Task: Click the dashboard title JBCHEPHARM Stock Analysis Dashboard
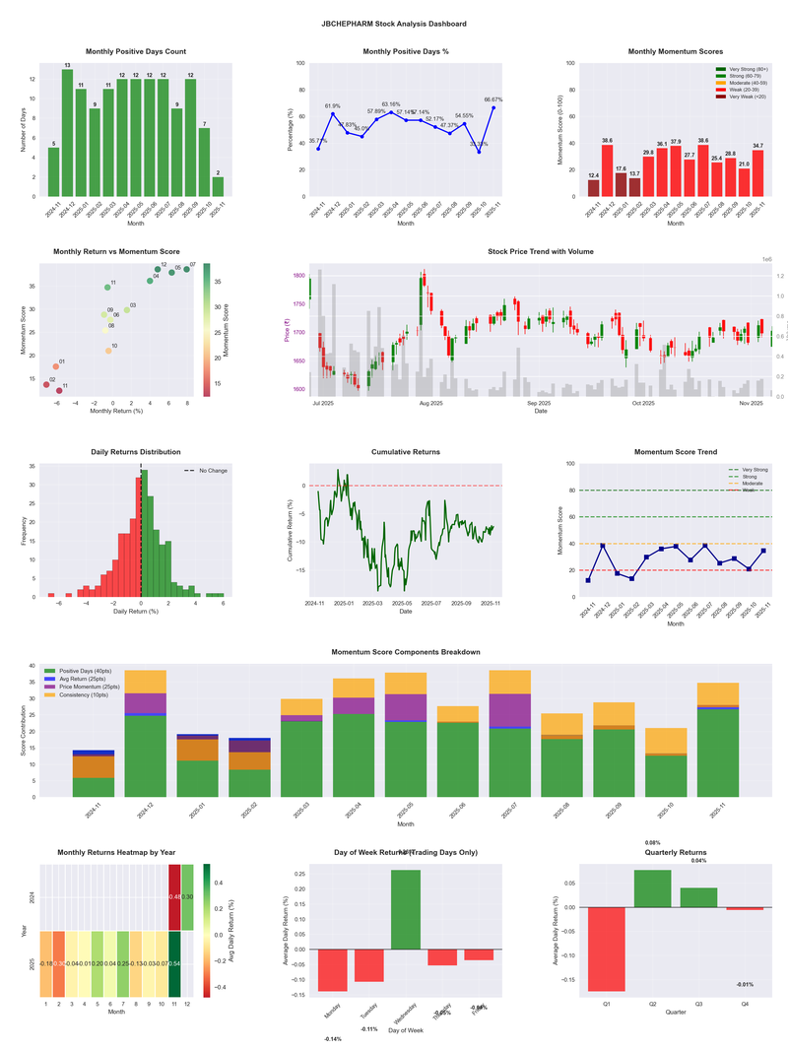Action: [x=394, y=23]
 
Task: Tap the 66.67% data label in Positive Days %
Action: [x=493, y=99]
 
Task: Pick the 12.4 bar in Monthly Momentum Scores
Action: [x=593, y=187]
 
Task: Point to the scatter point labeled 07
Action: [x=185, y=268]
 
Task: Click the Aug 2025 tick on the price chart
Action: [x=430, y=404]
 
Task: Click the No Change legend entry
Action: [x=213, y=471]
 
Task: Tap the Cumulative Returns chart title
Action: [x=406, y=452]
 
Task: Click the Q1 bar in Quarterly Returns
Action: [x=607, y=949]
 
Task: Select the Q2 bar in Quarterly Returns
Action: [x=653, y=888]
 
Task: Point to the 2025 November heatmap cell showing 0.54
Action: [x=174, y=963]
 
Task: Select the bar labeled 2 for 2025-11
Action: [x=218, y=186]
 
